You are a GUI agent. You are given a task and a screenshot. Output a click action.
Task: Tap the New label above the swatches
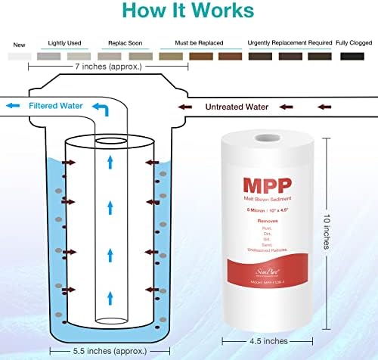point(19,42)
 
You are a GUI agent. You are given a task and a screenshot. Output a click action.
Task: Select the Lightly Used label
point(65,42)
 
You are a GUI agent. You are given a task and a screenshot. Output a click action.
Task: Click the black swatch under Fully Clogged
point(352,56)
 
